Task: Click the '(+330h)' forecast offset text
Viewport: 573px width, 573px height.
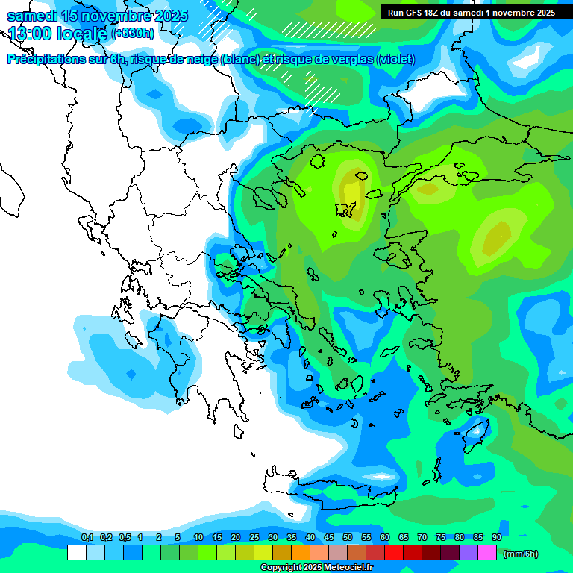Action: click(x=132, y=33)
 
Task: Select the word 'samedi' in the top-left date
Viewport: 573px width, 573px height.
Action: click(x=32, y=16)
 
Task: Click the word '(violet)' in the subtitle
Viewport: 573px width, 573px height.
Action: click(x=395, y=60)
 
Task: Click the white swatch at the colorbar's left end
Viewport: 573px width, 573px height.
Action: click(x=77, y=553)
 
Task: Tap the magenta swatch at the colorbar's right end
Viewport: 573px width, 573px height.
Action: click(x=487, y=553)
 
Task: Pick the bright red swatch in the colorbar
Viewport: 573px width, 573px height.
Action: click(x=394, y=553)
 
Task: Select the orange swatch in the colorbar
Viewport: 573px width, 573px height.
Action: click(x=301, y=553)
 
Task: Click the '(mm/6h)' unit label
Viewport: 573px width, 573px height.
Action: click(x=520, y=554)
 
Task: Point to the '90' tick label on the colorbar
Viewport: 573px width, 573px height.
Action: click(x=497, y=537)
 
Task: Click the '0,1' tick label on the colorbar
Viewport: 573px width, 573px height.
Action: click(x=87, y=537)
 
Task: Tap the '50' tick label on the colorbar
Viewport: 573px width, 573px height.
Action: click(x=348, y=537)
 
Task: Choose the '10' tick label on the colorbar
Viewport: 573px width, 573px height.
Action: click(x=198, y=537)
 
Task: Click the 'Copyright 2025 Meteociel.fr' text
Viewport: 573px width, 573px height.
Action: click(x=316, y=567)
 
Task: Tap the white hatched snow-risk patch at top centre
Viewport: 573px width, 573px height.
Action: click(x=328, y=28)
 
